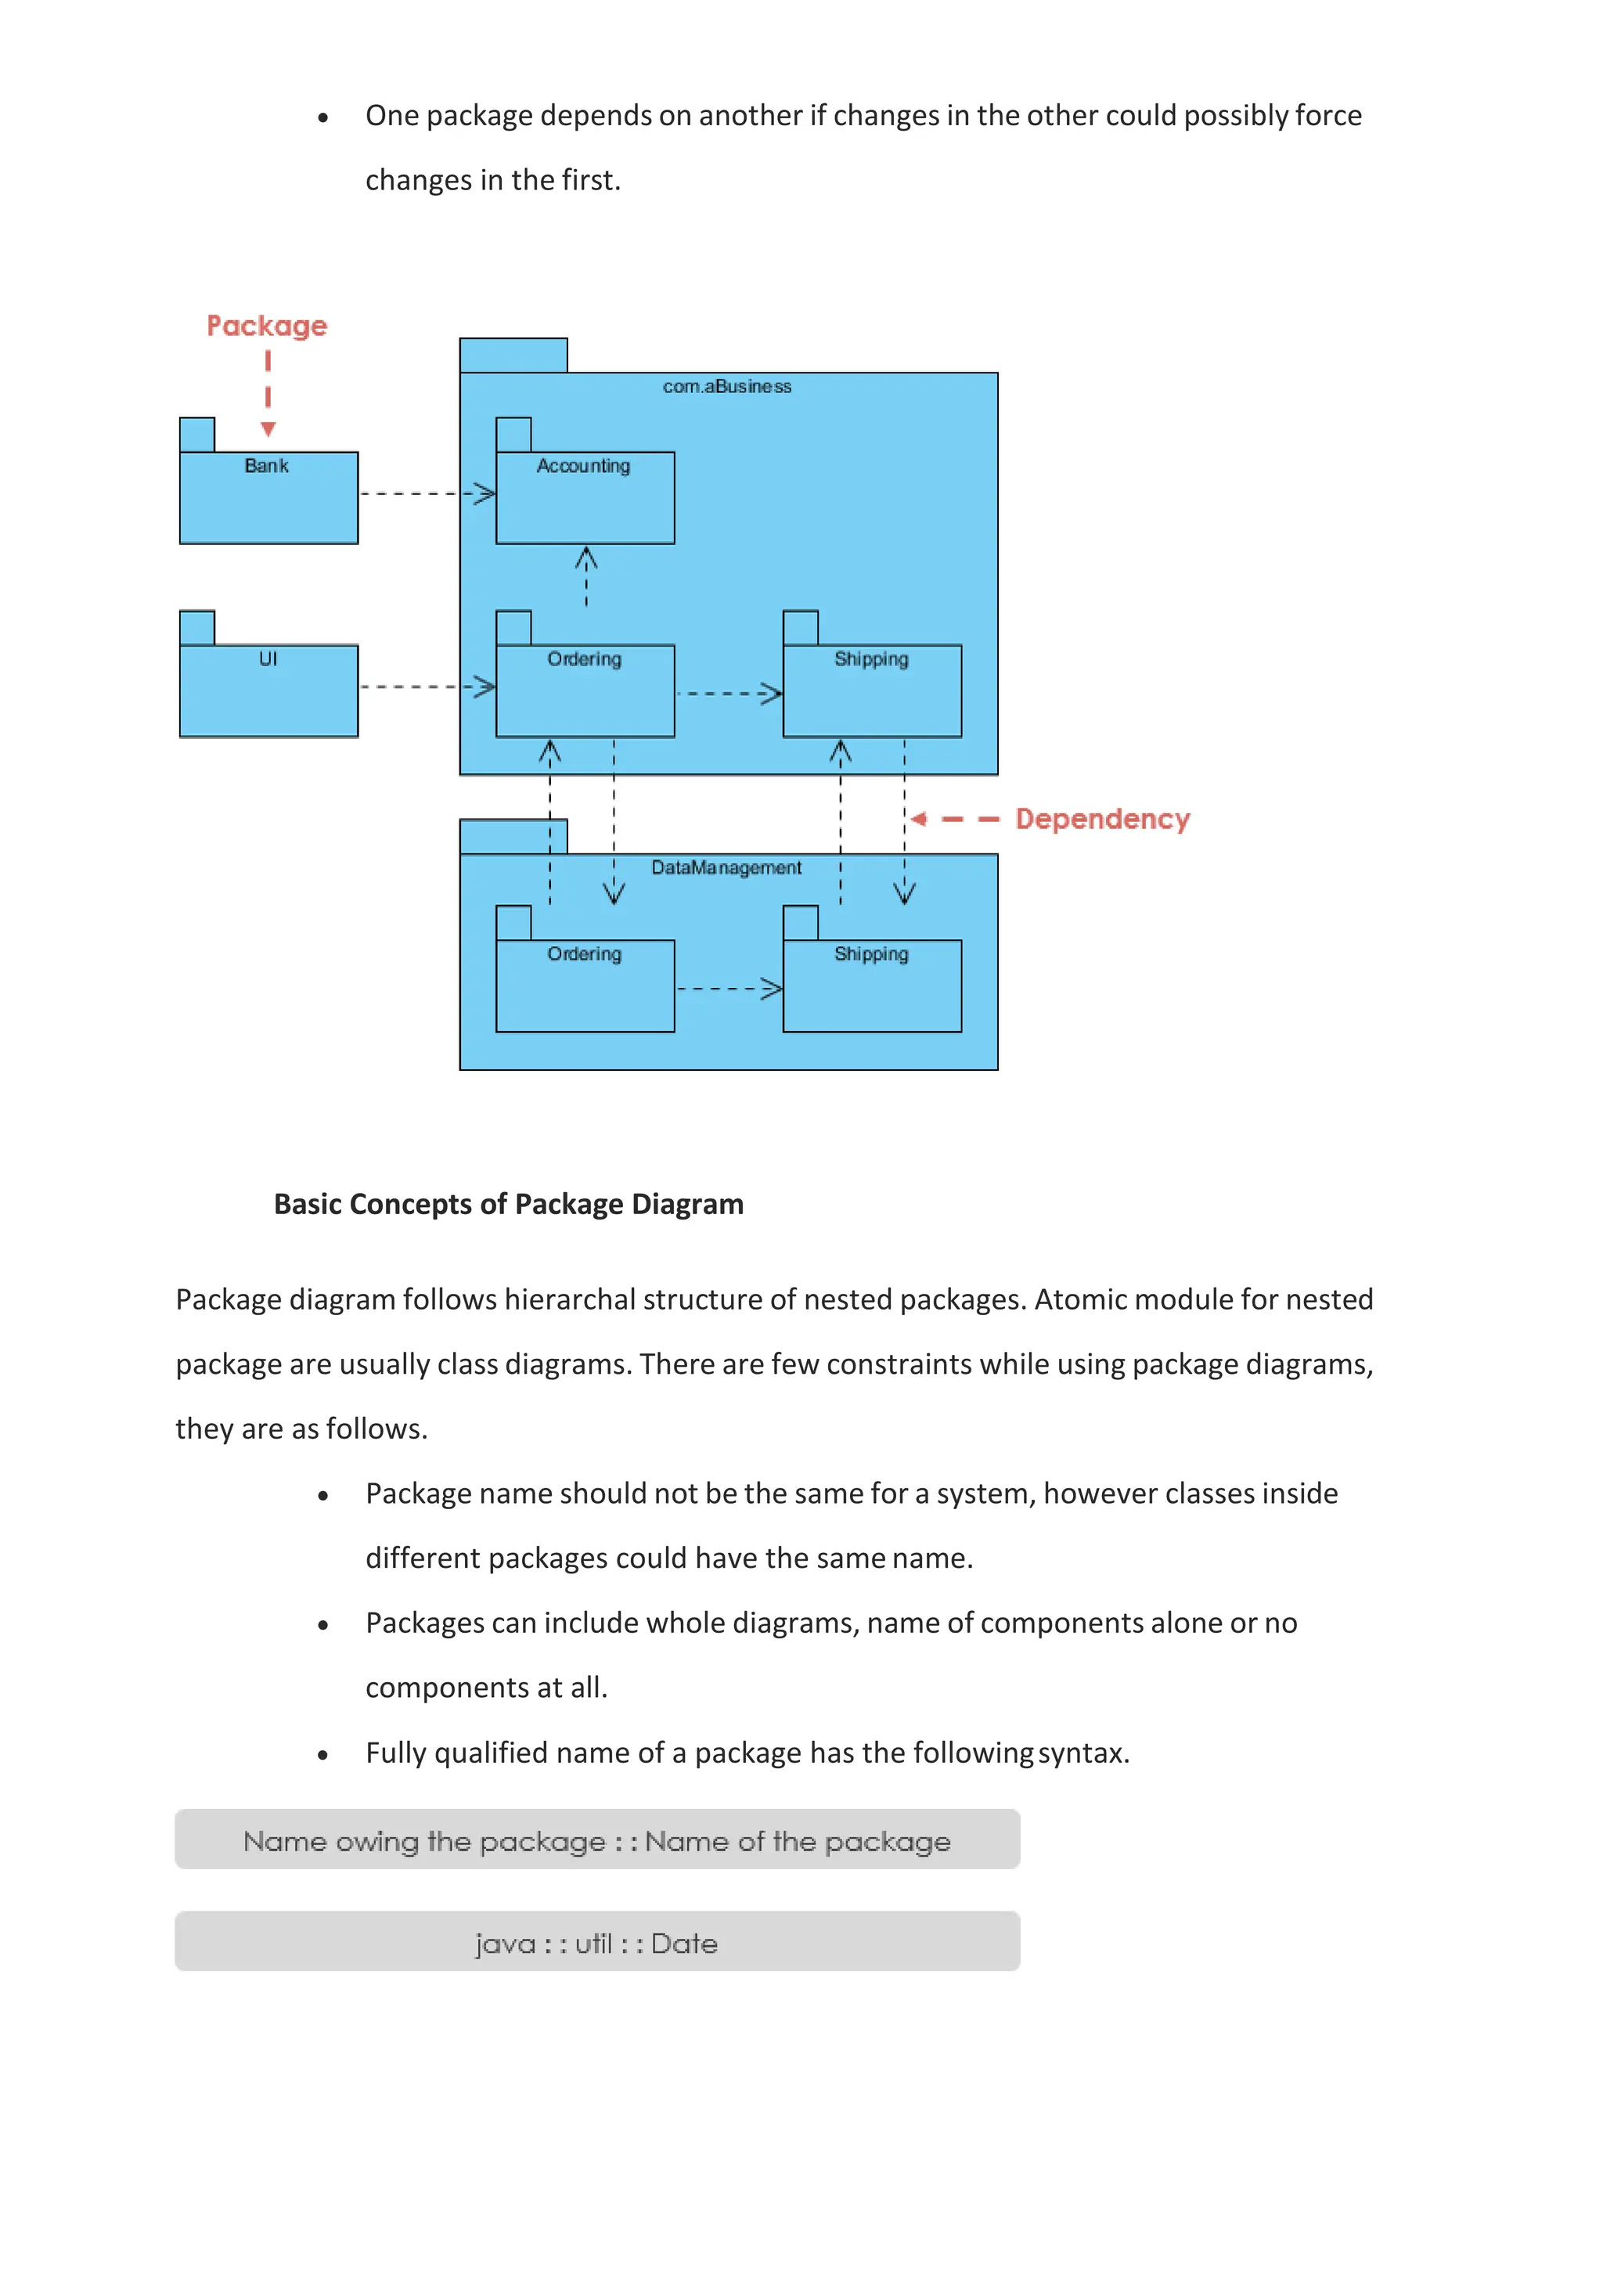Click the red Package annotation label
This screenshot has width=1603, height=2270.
click(x=266, y=326)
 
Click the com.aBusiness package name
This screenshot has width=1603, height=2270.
click(x=727, y=387)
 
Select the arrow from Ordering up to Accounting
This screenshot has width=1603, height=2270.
click(x=586, y=576)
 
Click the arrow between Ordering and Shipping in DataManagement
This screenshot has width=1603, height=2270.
click(x=729, y=988)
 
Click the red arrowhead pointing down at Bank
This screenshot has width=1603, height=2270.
click(x=268, y=429)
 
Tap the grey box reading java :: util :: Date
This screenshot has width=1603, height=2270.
click(x=597, y=1942)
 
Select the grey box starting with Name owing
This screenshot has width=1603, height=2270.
click(x=597, y=1840)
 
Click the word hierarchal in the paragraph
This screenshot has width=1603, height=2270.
click(x=568, y=1299)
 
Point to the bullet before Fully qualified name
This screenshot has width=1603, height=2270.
click(x=323, y=1755)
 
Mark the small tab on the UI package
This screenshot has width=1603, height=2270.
click(x=196, y=628)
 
